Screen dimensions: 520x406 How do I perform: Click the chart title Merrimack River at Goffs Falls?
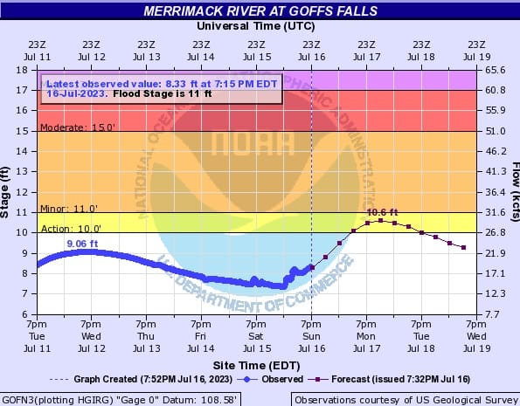260,11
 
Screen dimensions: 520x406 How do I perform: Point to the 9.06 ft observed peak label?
82,244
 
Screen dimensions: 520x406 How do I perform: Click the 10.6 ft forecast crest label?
382,212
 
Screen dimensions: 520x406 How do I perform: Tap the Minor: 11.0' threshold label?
69,209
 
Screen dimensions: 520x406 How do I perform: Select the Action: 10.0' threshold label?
71,229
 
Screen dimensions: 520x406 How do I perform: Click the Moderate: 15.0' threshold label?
78,127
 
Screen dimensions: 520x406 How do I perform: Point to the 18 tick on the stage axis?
22,70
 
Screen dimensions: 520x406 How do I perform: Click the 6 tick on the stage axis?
24,313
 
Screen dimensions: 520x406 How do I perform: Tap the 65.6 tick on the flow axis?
496,70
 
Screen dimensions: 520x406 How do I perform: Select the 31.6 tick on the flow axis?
496,212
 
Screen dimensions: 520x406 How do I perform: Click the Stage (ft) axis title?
4,192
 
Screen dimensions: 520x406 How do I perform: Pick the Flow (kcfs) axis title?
516,192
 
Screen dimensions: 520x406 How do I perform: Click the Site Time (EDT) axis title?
256,365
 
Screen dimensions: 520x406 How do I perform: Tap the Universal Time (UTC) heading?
256,26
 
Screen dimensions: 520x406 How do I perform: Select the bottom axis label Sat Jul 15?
256,336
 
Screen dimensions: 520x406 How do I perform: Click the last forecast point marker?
463,248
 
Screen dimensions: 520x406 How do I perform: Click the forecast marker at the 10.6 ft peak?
381,220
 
